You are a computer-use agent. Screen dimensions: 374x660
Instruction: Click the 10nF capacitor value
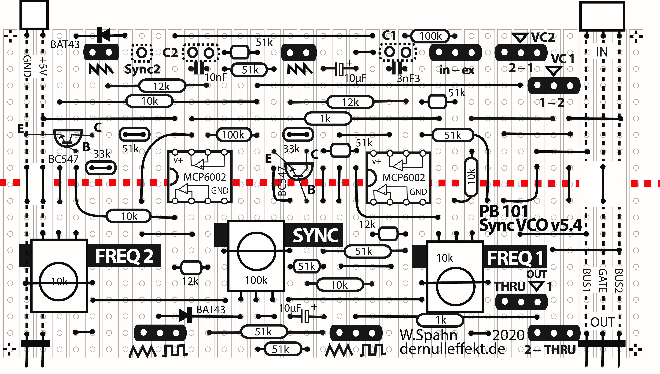pyautogui.click(x=216, y=77)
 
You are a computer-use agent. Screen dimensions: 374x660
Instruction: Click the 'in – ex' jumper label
pyautogui.click(x=457, y=70)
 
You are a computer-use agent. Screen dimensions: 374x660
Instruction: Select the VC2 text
pyautogui.click(x=543, y=38)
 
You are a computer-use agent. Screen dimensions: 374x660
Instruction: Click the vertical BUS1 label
pyautogui.click(x=586, y=280)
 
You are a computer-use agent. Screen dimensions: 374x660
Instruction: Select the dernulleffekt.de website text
pyautogui.click(x=452, y=349)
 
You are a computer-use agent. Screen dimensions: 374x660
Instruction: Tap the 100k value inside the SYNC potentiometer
pyautogui.click(x=256, y=280)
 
